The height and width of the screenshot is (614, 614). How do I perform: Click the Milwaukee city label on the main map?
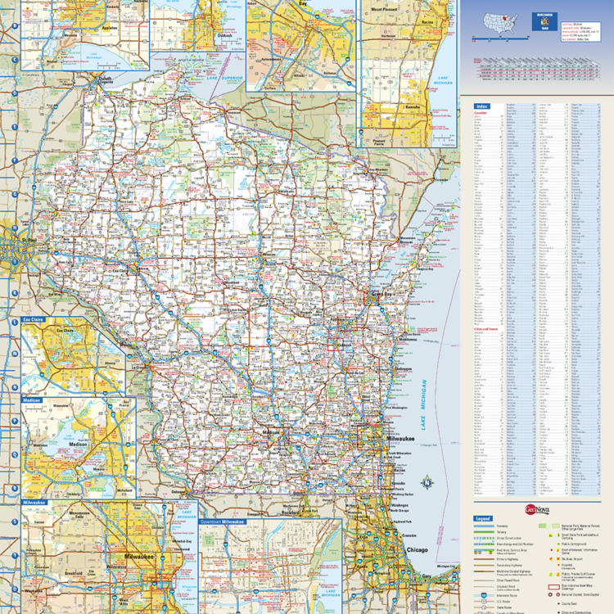click(400, 440)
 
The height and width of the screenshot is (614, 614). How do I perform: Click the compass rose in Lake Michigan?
click(426, 483)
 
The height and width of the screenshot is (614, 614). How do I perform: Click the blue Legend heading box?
click(483, 519)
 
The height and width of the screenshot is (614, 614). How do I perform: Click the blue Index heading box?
click(482, 106)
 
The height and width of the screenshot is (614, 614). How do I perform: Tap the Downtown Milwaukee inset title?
click(221, 521)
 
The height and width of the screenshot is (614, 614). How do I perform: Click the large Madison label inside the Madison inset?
click(78, 445)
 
